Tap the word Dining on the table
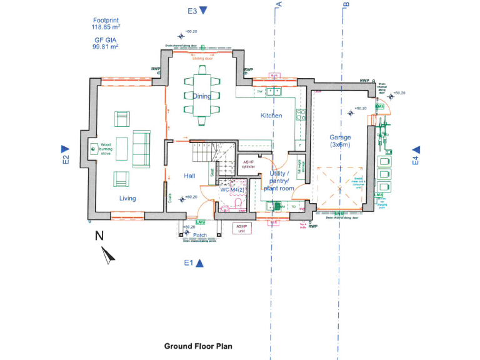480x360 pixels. click(x=201, y=96)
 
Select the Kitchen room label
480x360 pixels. click(x=271, y=116)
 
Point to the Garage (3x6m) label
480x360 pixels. click(x=340, y=141)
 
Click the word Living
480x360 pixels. click(x=127, y=199)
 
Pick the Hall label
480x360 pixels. click(x=189, y=176)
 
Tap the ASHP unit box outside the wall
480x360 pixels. click(x=241, y=228)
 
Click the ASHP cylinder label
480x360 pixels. click(x=249, y=164)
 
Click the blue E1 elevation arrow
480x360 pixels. click(x=200, y=263)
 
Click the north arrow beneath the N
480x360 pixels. click(x=108, y=254)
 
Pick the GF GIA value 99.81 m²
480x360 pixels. click(x=106, y=46)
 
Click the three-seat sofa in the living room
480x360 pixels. click(x=141, y=149)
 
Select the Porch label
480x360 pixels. click(x=200, y=236)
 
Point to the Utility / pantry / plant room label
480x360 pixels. click(x=278, y=181)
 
